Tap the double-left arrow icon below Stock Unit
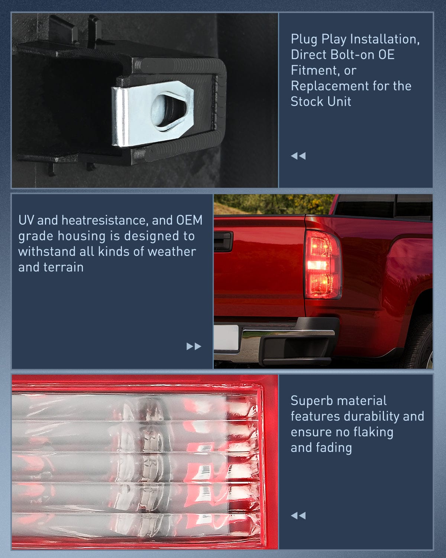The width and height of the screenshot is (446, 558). (x=298, y=156)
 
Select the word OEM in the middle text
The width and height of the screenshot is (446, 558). (x=189, y=220)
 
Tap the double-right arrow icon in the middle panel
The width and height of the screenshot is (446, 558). (x=194, y=346)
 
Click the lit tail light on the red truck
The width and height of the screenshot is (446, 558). (x=322, y=265)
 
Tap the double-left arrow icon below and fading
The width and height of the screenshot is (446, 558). (x=298, y=516)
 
